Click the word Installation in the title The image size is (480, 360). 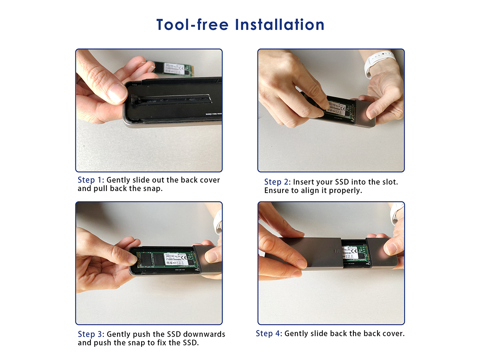[280, 25]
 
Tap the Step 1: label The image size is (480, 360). [91, 180]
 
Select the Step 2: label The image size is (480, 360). [278, 182]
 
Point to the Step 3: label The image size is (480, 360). [91, 334]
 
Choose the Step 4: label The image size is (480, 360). [269, 333]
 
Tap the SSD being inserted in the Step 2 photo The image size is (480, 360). [339, 108]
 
